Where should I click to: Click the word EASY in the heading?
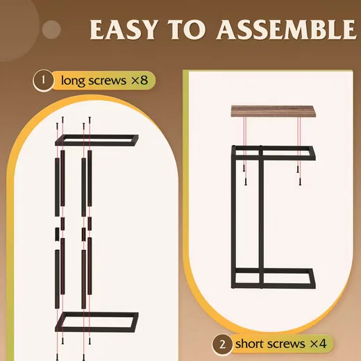pos(124,30)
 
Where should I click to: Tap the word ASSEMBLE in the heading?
pos(286,30)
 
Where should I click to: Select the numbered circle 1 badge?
pos(43,80)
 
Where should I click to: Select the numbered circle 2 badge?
pos(222,344)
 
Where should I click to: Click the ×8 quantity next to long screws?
pos(140,81)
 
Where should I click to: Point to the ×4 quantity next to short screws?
pos(318,344)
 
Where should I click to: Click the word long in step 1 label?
pos(72,81)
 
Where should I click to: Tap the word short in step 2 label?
pos(249,344)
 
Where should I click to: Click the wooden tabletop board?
pos(272,111)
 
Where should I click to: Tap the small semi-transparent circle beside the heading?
pos(51,30)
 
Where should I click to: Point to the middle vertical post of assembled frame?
pos(261,217)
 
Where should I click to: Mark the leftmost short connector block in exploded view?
pos(57,234)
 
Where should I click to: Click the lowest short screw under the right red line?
pos(300,182)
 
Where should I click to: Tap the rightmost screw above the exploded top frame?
pos(90,120)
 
